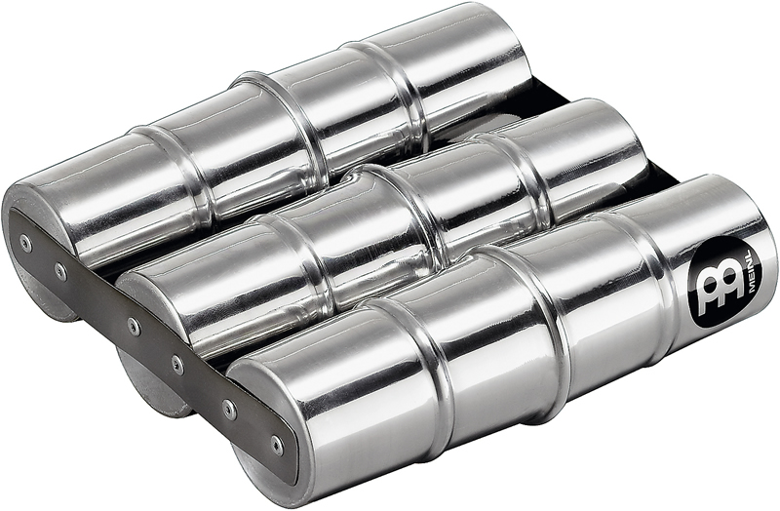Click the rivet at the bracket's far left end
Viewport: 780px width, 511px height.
(x=25, y=242)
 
